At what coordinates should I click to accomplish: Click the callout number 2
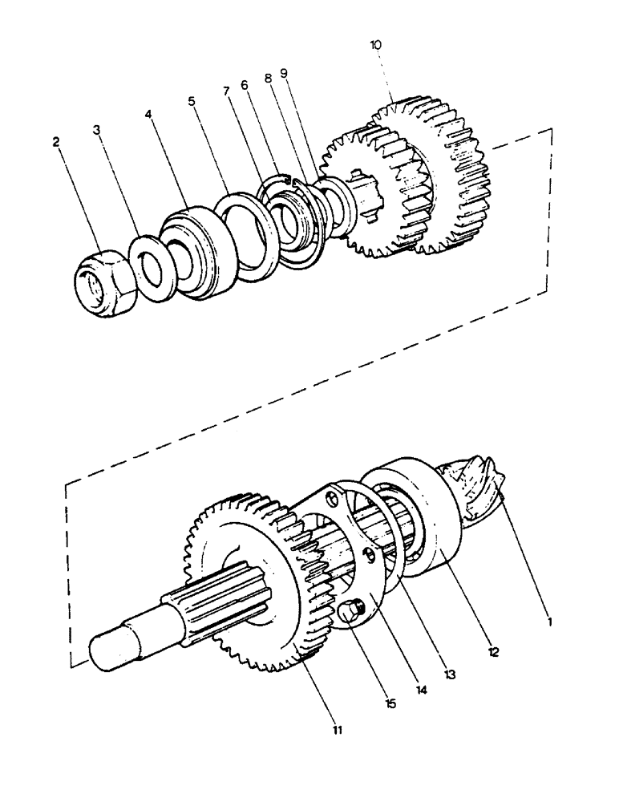(56, 142)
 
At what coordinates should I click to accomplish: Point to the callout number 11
(338, 729)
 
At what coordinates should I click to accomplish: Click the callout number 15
(390, 704)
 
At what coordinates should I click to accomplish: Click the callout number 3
(96, 129)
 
